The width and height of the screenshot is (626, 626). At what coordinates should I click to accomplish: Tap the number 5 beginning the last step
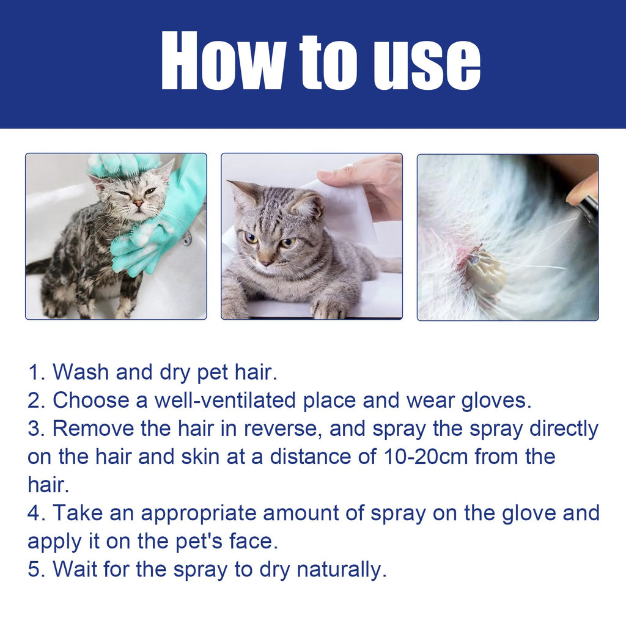click(x=34, y=570)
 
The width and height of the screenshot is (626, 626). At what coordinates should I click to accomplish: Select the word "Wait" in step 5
click(x=75, y=570)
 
